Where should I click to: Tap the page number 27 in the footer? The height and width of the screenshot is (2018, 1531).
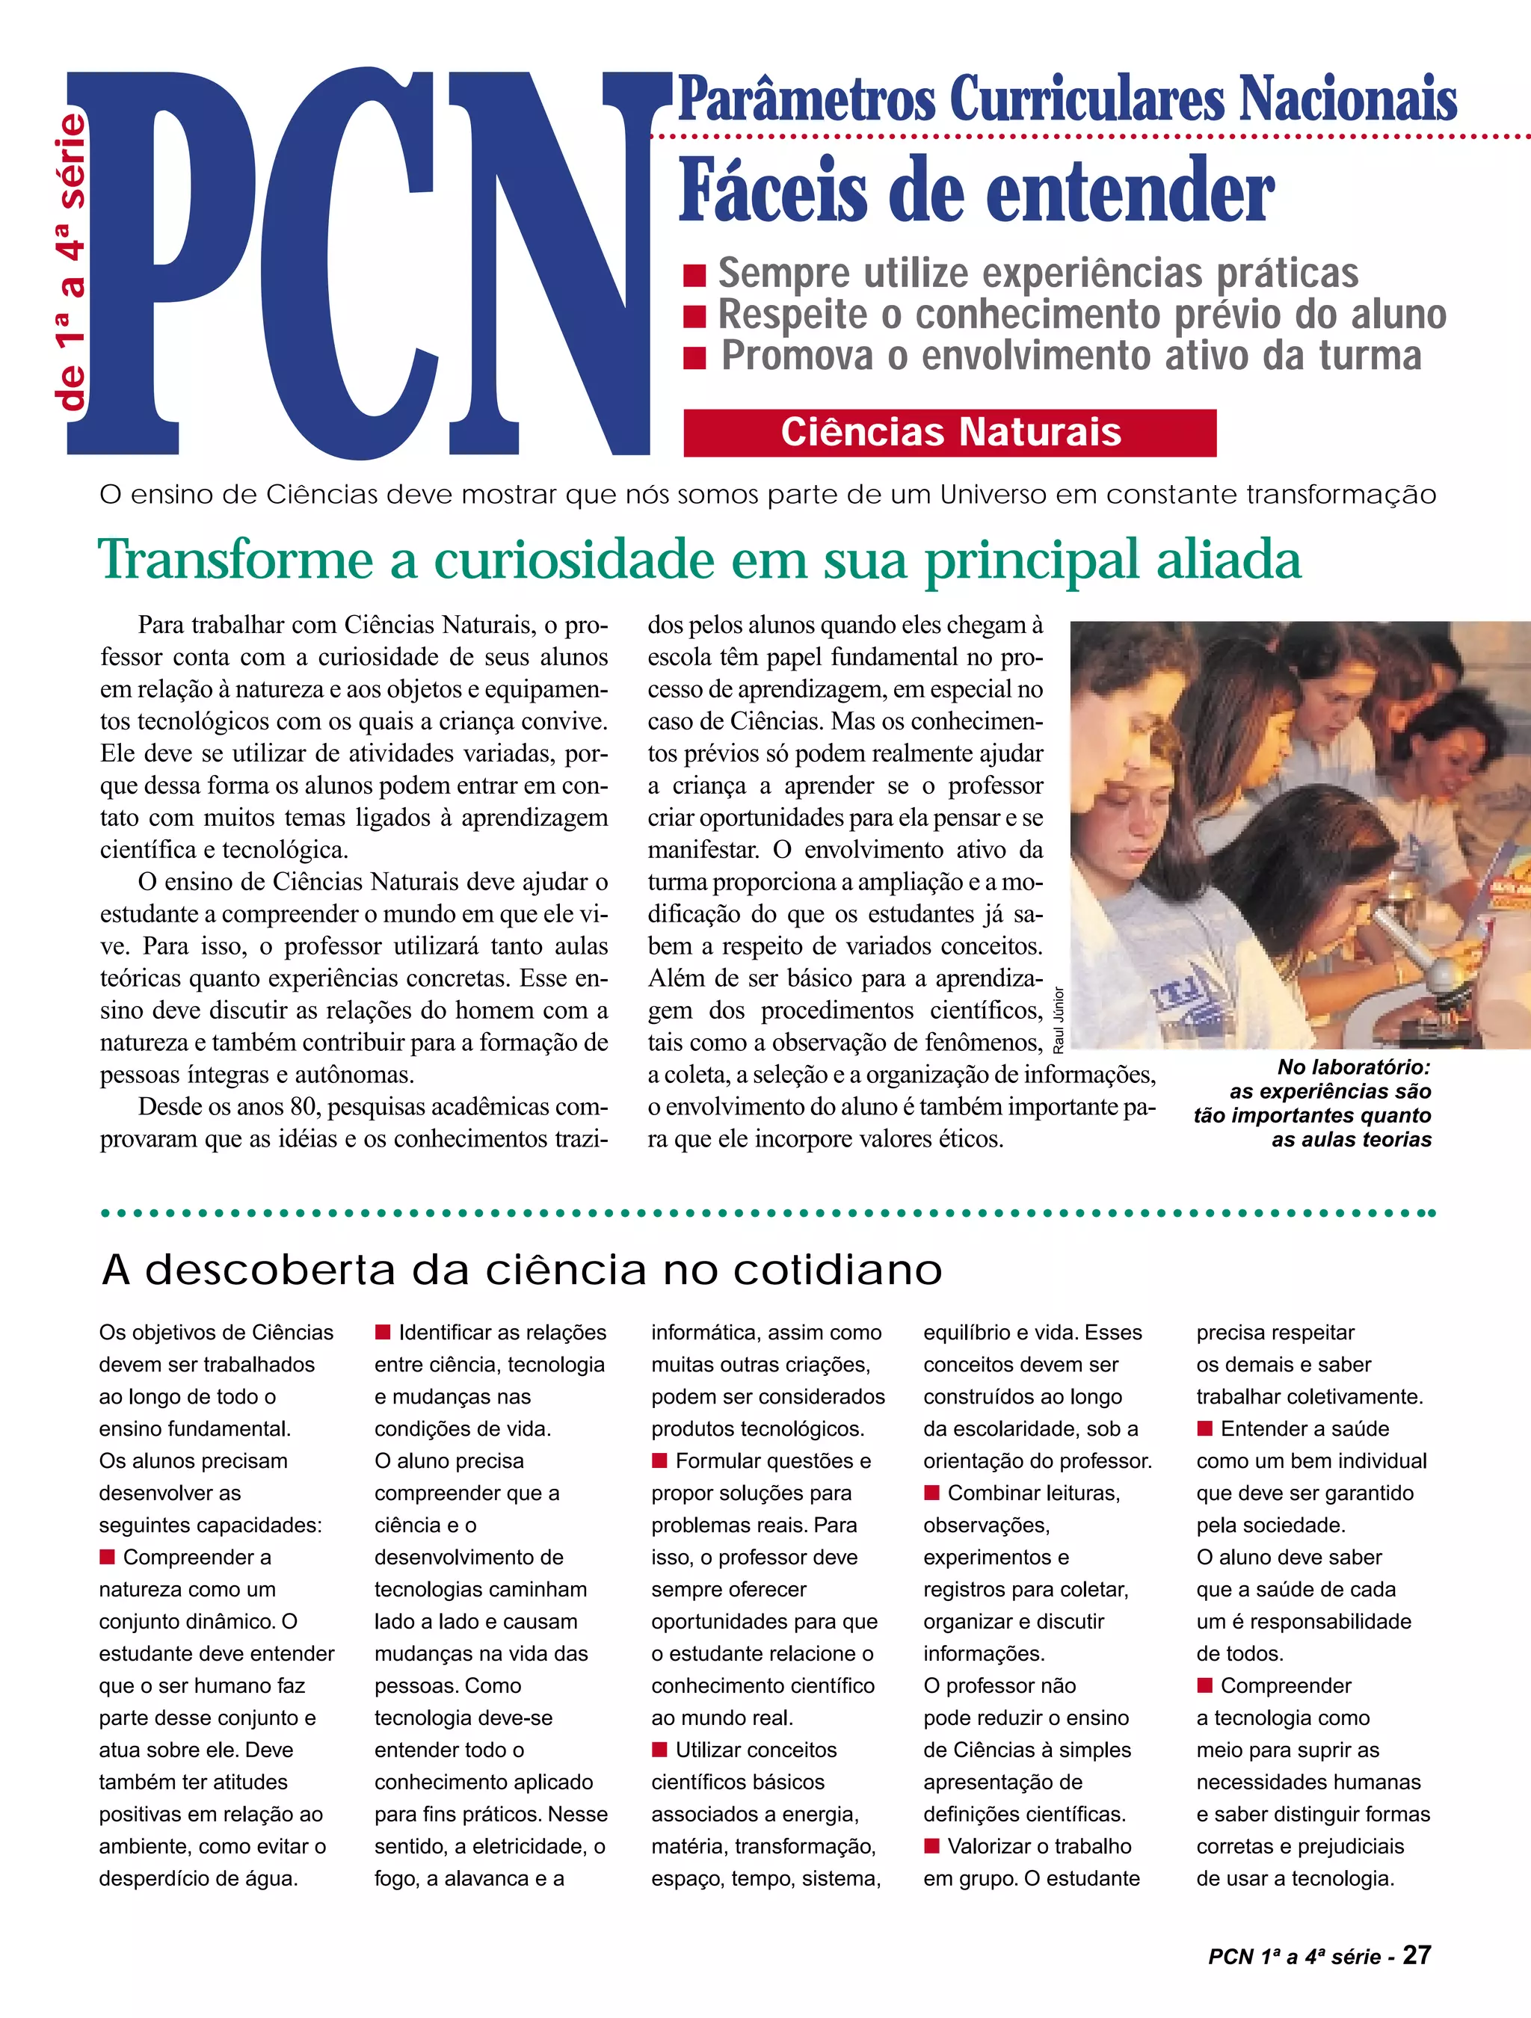coord(1416,1954)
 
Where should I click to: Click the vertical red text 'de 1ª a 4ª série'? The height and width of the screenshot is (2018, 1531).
coord(71,261)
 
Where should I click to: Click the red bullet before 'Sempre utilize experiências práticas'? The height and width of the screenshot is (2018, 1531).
coord(694,274)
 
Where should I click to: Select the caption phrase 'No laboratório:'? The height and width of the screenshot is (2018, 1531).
coord(1353,1067)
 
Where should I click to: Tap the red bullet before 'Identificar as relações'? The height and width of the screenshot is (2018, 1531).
coord(383,1332)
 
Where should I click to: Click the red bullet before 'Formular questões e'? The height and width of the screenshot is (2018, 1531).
coord(659,1460)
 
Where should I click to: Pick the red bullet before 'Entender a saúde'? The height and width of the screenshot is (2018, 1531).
coord(1204,1428)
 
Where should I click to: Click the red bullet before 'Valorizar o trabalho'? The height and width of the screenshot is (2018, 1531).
coord(931,1845)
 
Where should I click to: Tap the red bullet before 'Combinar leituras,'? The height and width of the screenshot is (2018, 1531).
coord(931,1493)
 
